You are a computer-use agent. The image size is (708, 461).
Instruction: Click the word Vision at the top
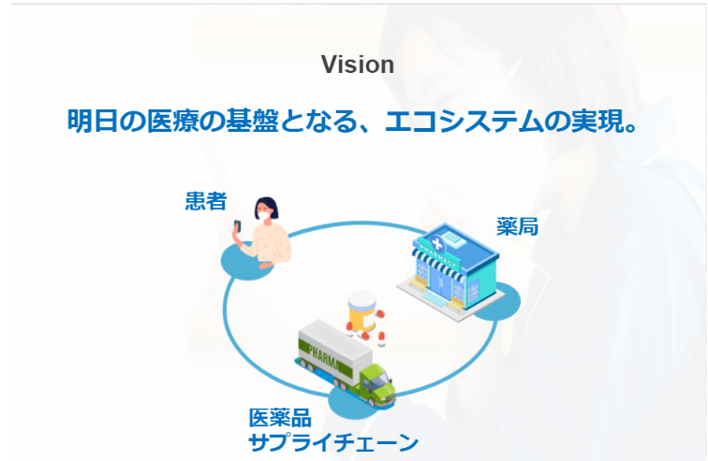pyautogui.click(x=357, y=65)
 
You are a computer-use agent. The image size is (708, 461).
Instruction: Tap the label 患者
pyautogui.click(x=205, y=201)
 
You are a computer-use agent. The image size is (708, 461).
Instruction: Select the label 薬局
pyautogui.click(x=517, y=226)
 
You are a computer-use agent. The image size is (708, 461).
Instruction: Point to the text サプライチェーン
pyautogui.click(x=332, y=442)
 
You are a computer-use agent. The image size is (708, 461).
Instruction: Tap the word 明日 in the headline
pyautogui.click(x=88, y=122)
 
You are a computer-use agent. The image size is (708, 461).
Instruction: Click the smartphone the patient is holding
pyautogui.click(x=237, y=227)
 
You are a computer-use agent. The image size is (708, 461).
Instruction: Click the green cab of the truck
pyautogui.click(x=376, y=379)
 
